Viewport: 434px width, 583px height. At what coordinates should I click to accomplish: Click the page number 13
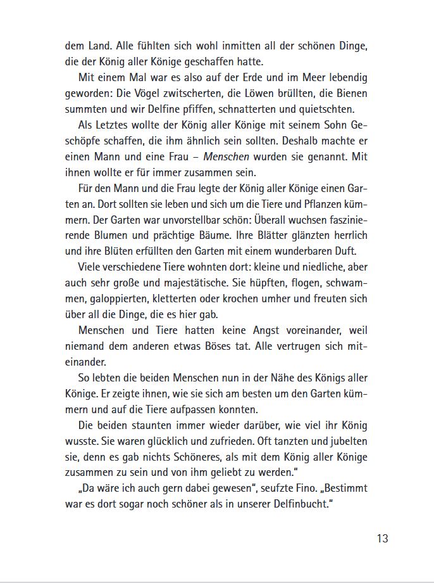click(x=382, y=539)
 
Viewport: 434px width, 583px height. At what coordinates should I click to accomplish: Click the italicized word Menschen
click(x=226, y=156)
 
